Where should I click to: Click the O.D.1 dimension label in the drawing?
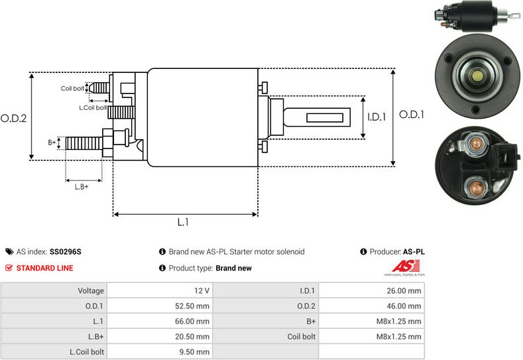(411, 115)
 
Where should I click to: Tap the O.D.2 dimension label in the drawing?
(13, 119)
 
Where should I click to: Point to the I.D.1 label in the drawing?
(376, 117)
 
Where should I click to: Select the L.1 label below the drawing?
(184, 223)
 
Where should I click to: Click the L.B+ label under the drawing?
(82, 186)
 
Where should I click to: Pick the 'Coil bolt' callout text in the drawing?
(72, 88)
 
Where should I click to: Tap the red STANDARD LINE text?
(45, 269)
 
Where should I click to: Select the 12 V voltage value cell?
(203, 290)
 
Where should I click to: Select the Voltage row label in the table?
(91, 290)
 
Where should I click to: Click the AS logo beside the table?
(405, 267)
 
